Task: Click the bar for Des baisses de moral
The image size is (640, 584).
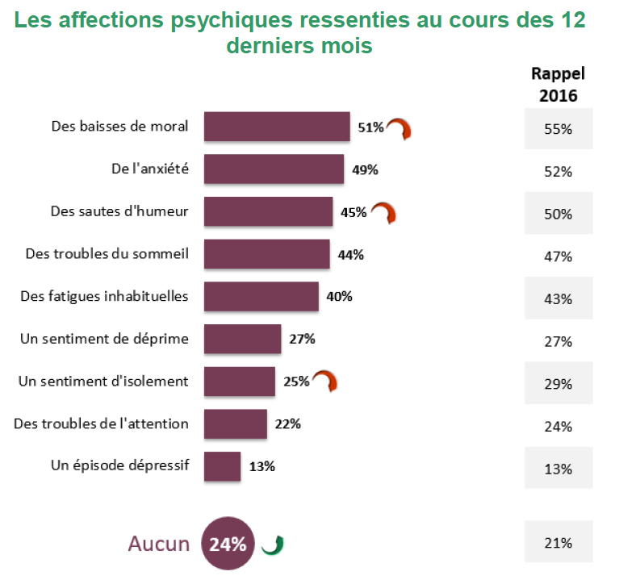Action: (x=277, y=127)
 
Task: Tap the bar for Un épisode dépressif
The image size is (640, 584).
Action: (x=222, y=466)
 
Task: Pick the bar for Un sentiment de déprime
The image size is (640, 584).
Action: (x=242, y=339)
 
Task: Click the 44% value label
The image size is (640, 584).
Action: (x=351, y=254)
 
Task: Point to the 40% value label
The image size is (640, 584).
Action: (x=339, y=296)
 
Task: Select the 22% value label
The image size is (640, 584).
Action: (x=287, y=423)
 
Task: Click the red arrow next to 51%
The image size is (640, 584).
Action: (x=398, y=129)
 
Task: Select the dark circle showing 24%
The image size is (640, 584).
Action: (x=228, y=544)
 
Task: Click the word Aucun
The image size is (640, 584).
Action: (x=158, y=544)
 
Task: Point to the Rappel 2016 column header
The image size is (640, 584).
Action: (x=558, y=84)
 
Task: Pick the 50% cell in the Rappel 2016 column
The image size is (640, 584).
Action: (x=558, y=215)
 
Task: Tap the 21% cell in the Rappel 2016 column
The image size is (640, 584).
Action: (x=558, y=543)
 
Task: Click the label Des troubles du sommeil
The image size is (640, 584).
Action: (x=107, y=254)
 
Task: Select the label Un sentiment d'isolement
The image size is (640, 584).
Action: (x=103, y=381)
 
